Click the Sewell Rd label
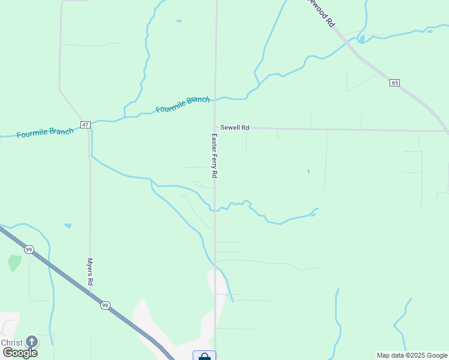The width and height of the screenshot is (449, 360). coord(234,128)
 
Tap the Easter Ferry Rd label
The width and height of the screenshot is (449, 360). coord(213,155)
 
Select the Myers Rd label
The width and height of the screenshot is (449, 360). coord(89,272)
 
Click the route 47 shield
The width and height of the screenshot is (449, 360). coord(85,125)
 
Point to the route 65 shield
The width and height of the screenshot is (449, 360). coord(394,82)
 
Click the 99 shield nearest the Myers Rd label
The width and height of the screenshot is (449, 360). coord(105,305)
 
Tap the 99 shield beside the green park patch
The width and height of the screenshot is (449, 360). coord(29,249)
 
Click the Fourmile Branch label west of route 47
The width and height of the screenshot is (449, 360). coord(45,132)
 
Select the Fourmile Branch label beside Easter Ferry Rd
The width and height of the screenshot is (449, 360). coord(182,104)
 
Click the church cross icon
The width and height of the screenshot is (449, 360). coord(31,342)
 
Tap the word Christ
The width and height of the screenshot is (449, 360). coord(11,343)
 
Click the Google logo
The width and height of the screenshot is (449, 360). coord(20,353)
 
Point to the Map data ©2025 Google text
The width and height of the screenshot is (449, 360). coord(412,355)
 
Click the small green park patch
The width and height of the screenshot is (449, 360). coord(14,263)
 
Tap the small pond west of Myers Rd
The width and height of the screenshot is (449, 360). coord(68,226)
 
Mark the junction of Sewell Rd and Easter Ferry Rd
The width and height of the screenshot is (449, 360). coord(215,128)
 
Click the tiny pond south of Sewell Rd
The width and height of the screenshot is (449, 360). coord(309,172)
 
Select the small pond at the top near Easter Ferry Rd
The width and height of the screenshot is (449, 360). coord(178,22)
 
